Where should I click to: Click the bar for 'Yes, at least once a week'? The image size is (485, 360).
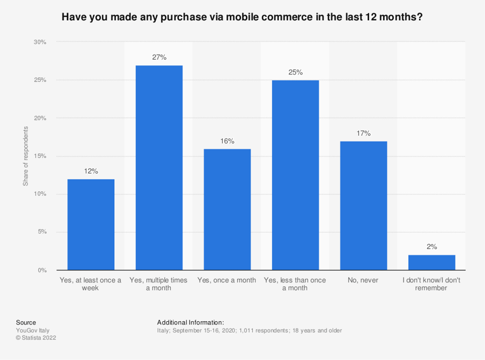(x=91, y=224)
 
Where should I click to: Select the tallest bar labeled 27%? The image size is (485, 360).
(x=159, y=168)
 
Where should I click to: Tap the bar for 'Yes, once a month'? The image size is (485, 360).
(x=227, y=209)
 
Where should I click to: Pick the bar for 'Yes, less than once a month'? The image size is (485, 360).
(x=295, y=175)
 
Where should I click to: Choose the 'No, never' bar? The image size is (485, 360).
(x=363, y=205)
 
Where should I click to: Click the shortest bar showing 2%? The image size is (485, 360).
(x=432, y=262)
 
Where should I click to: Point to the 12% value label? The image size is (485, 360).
(x=91, y=171)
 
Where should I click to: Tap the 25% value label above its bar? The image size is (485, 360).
(x=295, y=72)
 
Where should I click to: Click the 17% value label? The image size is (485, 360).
(x=363, y=133)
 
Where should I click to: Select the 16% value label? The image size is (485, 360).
(x=227, y=141)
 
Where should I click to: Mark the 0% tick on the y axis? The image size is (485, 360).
(x=42, y=270)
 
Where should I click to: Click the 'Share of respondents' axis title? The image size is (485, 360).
(x=25, y=156)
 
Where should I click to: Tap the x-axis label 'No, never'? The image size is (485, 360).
(x=363, y=280)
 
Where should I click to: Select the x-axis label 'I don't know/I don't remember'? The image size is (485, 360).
(x=432, y=284)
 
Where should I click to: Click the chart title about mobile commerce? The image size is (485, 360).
(x=242, y=17)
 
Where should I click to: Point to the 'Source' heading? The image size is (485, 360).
(x=26, y=322)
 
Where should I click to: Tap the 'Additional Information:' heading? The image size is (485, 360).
(x=190, y=322)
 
